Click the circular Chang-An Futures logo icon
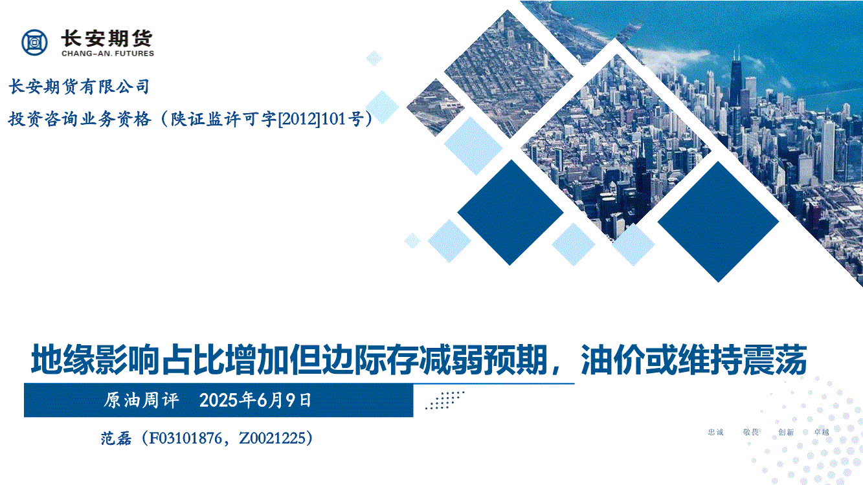click(x=35, y=42)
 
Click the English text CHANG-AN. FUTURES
click(x=108, y=54)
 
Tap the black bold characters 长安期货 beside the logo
click(x=107, y=38)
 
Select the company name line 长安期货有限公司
click(x=79, y=87)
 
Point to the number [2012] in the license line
click(x=299, y=119)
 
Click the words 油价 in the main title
click(x=612, y=360)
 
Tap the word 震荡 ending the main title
click(x=774, y=360)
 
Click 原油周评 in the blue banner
click(x=141, y=400)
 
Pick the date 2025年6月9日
click(x=255, y=400)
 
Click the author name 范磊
click(x=116, y=438)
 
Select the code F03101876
click(x=185, y=438)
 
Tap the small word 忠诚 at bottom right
click(x=715, y=432)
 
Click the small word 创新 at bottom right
click(x=786, y=432)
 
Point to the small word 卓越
click(x=821, y=432)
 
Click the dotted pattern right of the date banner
click(x=445, y=400)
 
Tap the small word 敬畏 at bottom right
click(x=751, y=432)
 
